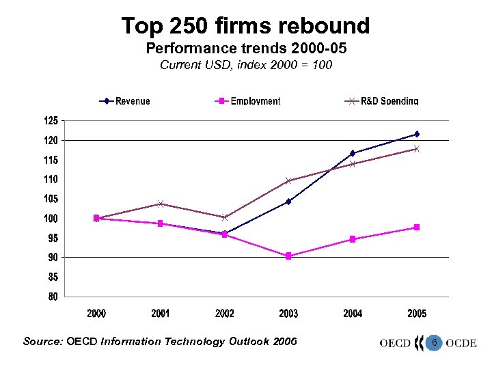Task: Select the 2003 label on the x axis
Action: pos(288,314)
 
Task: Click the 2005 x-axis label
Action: pos(417,314)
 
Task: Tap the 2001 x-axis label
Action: pos(161,314)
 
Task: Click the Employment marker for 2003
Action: pos(288,256)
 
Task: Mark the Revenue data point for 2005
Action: pos(417,134)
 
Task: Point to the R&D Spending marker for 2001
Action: pos(161,204)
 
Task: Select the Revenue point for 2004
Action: pos(353,153)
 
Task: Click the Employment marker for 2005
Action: pos(417,228)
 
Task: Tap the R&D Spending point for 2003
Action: pos(288,181)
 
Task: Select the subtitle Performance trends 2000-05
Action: pos(245,49)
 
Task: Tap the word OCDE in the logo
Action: pos(461,343)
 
